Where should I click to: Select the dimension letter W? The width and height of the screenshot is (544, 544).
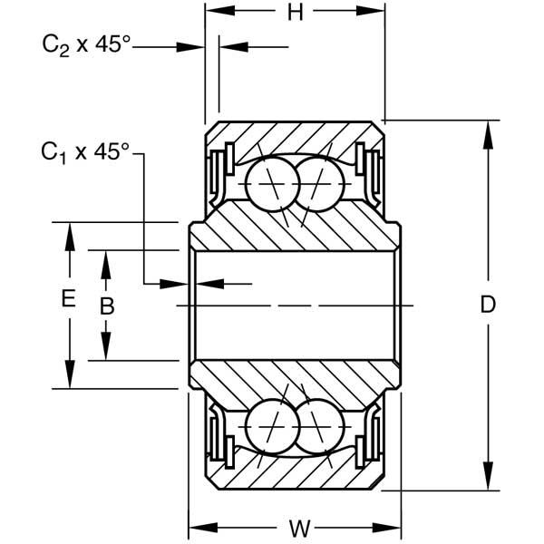click(x=297, y=527)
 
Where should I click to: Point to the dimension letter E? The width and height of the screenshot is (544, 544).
click(x=68, y=298)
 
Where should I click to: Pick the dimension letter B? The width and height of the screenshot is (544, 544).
click(x=106, y=306)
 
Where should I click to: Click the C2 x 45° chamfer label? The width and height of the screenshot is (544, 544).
click(x=86, y=45)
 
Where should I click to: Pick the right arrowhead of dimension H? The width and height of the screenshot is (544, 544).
click(x=376, y=12)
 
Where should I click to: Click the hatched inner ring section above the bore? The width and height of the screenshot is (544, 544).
click(x=295, y=232)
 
